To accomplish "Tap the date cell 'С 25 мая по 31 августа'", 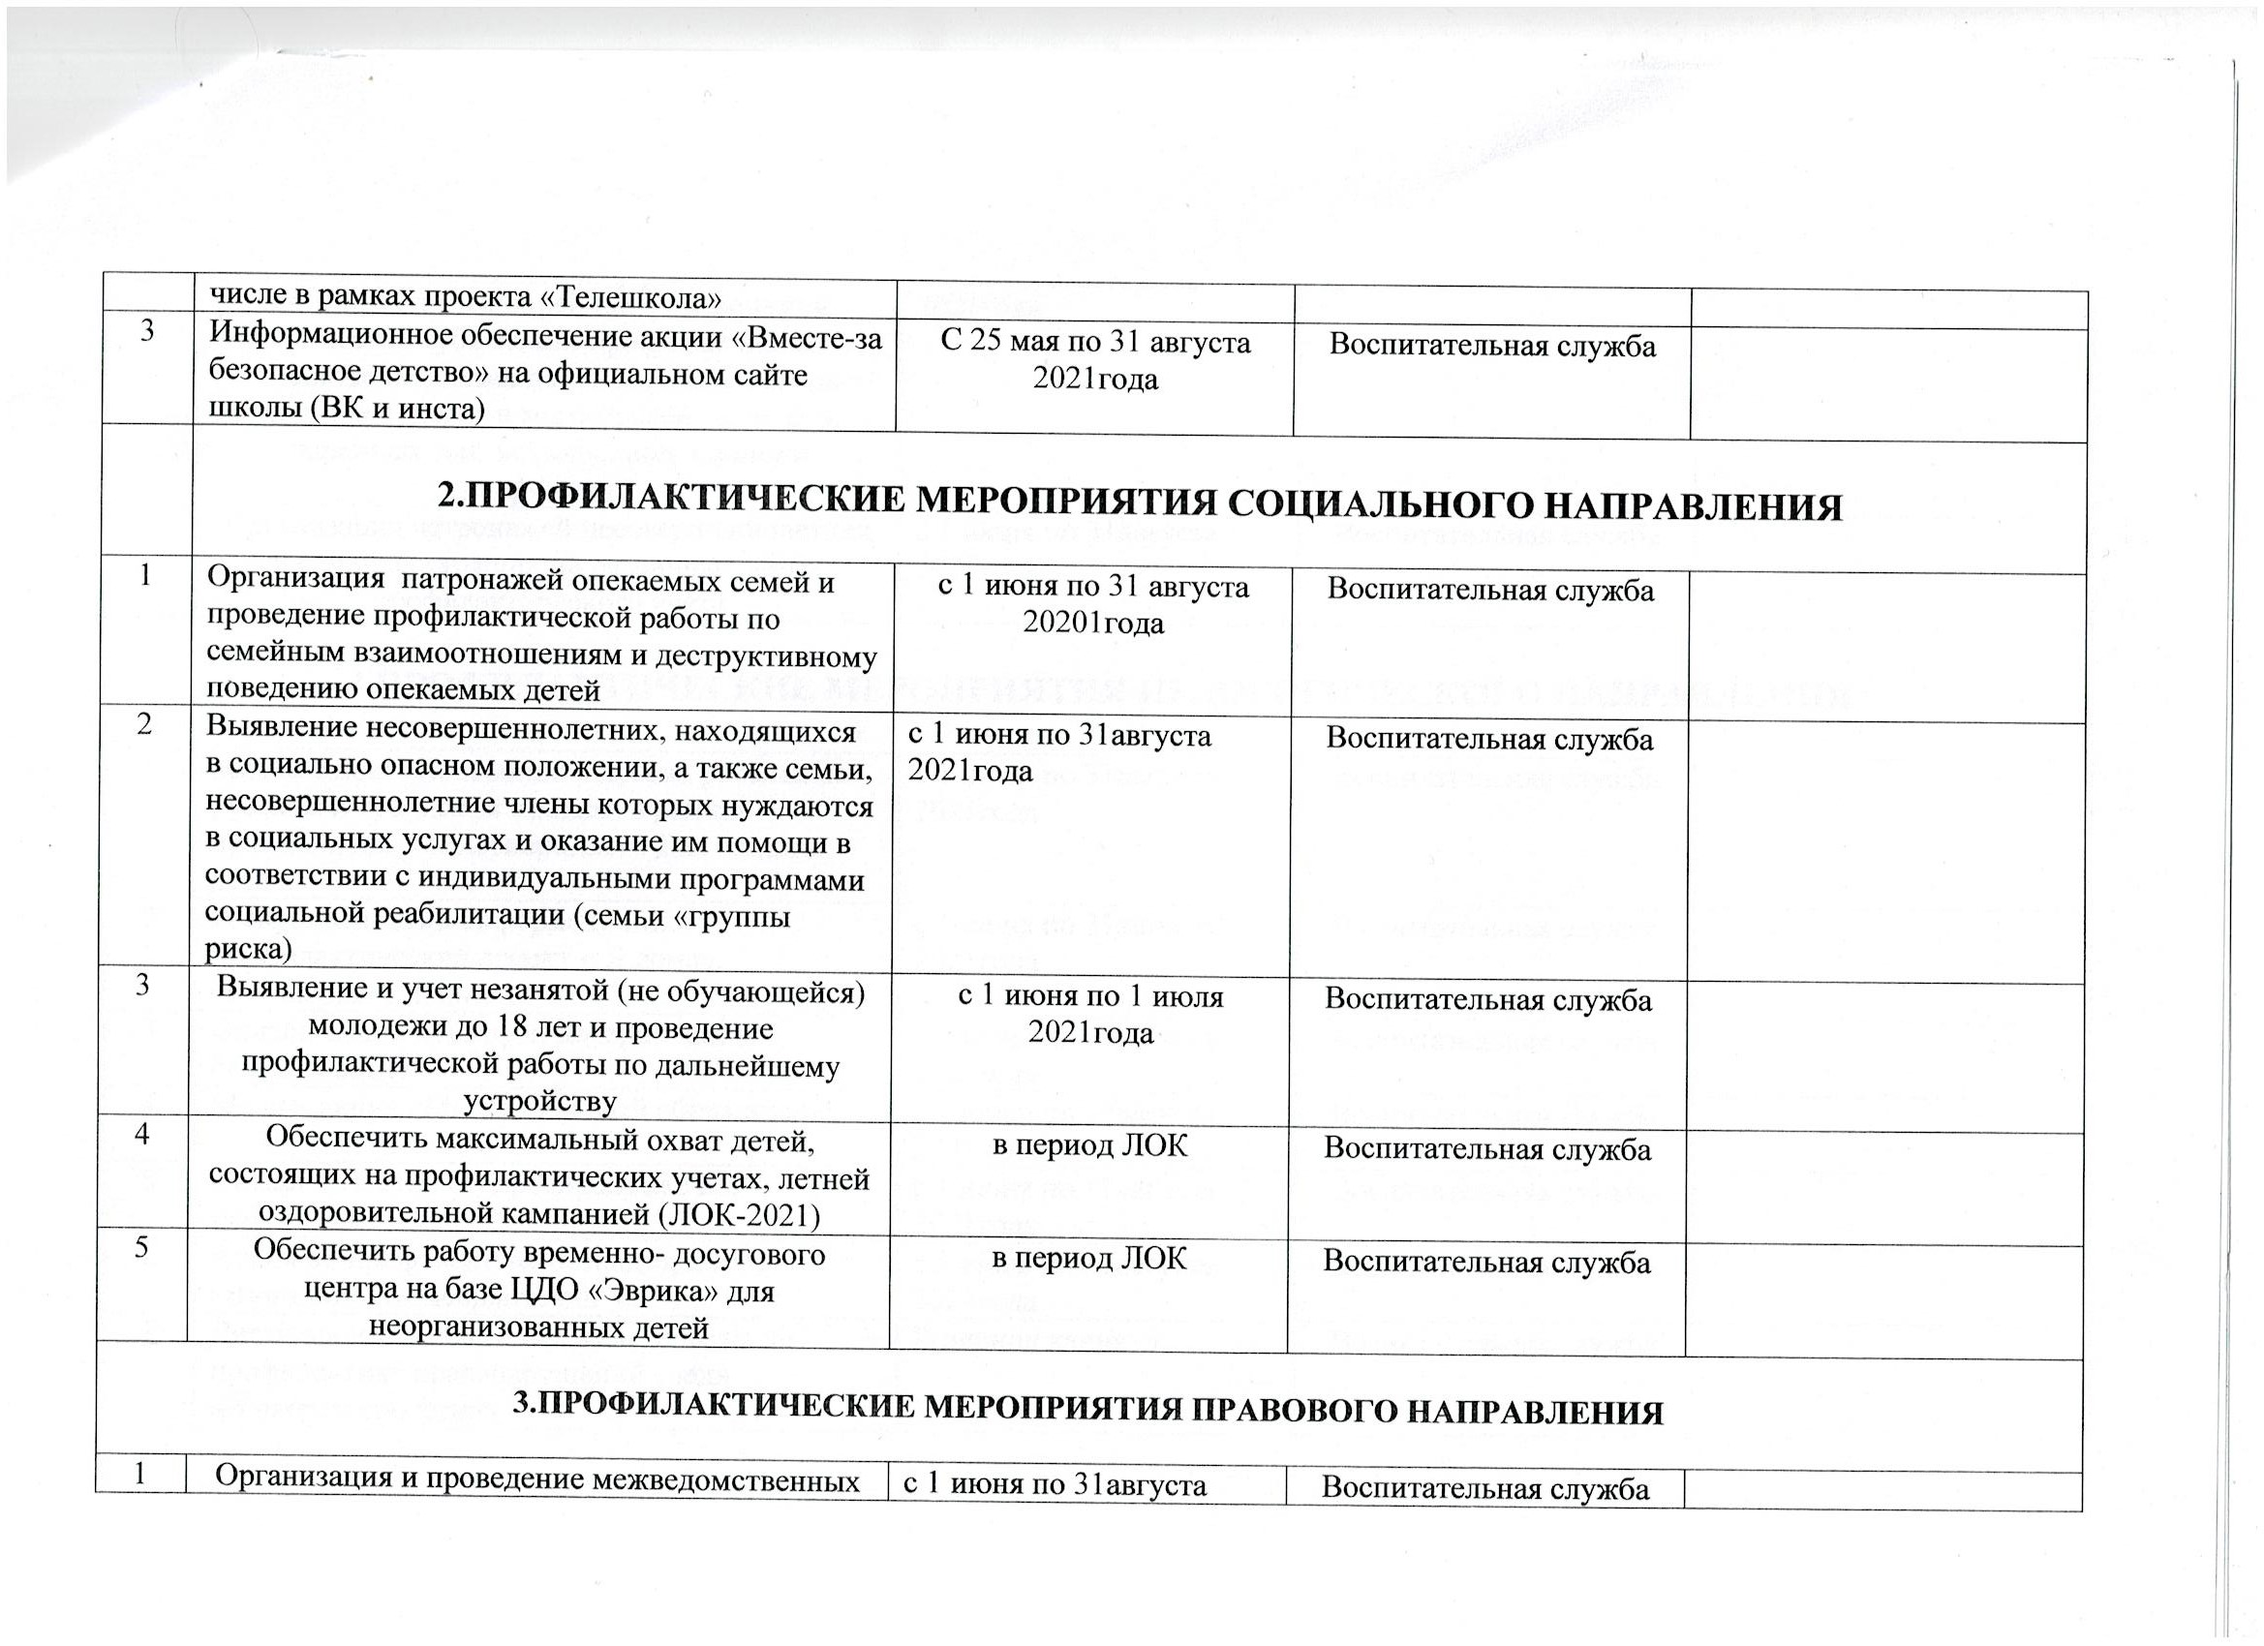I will pyautogui.click(x=1095, y=343).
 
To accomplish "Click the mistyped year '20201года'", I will pyautogui.click(x=1093, y=624).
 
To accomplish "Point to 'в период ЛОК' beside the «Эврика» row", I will pyautogui.click(x=1089, y=1260).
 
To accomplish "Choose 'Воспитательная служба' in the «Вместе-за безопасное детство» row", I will pyautogui.click(x=1492, y=346).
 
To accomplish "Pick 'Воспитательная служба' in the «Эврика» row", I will pyautogui.click(x=1486, y=1262).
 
